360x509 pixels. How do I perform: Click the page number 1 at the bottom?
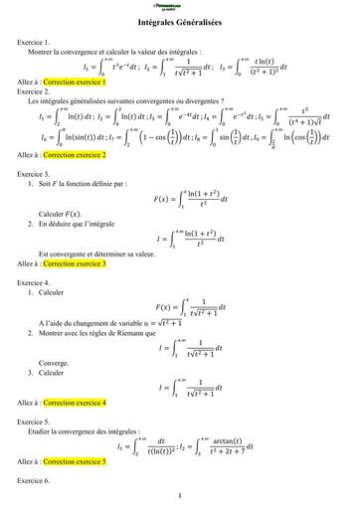[x=179, y=496]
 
